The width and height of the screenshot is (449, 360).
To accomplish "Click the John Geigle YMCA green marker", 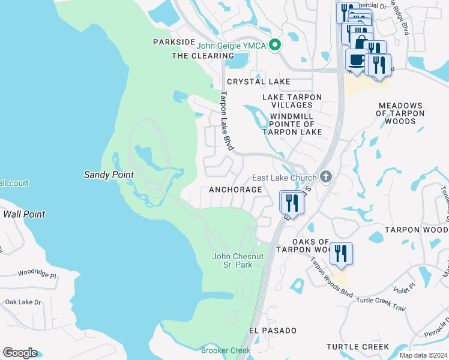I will tap(275, 44).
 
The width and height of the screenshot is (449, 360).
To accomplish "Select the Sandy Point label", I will tap(108, 174).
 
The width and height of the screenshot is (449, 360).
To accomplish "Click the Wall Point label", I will tap(24, 214).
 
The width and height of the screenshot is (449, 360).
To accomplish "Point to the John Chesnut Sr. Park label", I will tap(238, 260).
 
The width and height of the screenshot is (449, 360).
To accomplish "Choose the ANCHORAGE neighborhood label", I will tap(235, 190).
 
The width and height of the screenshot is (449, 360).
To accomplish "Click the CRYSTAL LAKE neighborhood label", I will tap(258, 82).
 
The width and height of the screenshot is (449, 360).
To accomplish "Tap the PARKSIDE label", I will tap(174, 42).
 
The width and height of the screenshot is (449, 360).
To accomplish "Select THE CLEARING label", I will tap(197, 56).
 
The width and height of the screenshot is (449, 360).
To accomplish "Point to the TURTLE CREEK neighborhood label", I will tap(358, 347).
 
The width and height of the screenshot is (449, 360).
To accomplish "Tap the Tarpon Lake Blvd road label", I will tap(227, 120).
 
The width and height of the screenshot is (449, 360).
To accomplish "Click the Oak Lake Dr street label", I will tap(23, 302).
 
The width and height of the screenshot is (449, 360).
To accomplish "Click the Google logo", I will tap(20, 353).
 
